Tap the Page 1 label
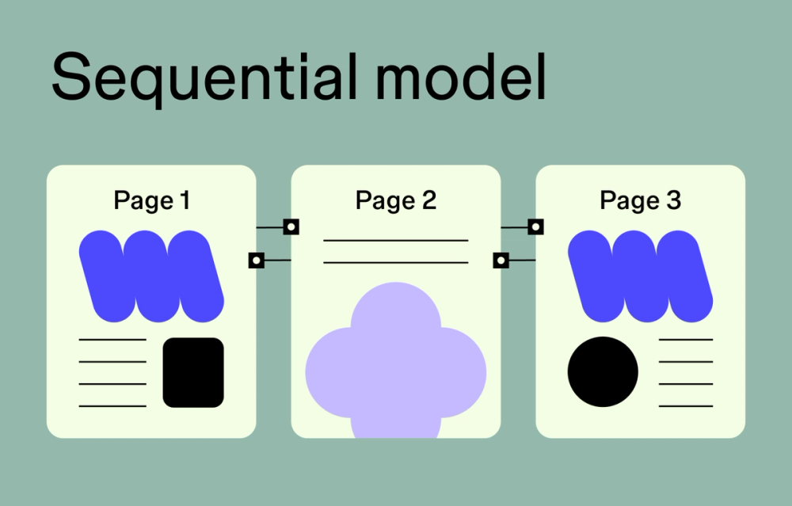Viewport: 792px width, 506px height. (x=152, y=200)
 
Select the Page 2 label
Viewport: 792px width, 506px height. (x=396, y=200)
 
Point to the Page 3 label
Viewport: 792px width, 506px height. (x=640, y=200)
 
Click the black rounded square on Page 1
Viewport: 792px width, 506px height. (x=193, y=372)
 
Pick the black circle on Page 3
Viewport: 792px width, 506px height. (x=603, y=372)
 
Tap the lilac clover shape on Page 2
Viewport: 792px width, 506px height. (x=395, y=364)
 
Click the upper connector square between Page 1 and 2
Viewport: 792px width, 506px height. (x=291, y=227)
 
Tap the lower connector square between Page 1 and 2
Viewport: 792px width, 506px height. (x=256, y=260)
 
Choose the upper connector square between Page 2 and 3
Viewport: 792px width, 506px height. (x=536, y=227)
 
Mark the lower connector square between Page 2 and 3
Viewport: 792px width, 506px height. (x=501, y=260)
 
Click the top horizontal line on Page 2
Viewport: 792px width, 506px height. (x=396, y=240)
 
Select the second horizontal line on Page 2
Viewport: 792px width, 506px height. (x=396, y=262)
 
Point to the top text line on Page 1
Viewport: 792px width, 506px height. (x=112, y=340)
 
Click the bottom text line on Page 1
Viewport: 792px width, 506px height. (x=112, y=406)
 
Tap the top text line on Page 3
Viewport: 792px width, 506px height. (x=686, y=340)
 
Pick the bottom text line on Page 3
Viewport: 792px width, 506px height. (x=686, y=406)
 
